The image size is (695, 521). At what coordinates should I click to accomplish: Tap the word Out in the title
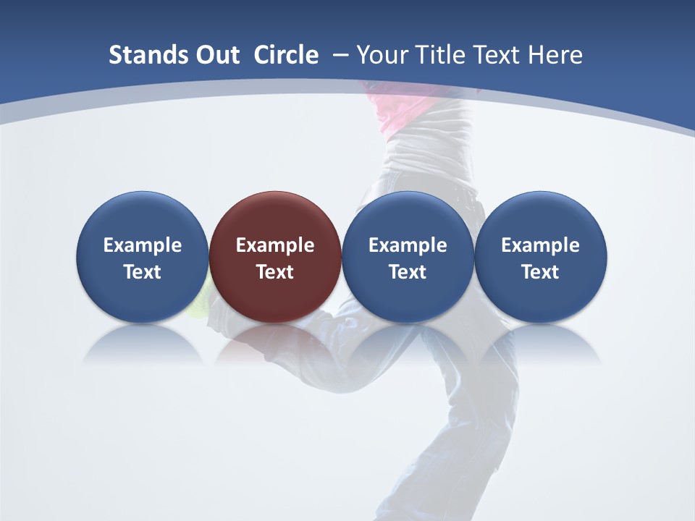pos(217,55)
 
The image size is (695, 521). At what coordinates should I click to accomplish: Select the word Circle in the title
pos(286,55)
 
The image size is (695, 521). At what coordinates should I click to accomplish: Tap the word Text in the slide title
pos(497,55)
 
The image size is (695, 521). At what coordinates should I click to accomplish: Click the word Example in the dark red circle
pos(275,246)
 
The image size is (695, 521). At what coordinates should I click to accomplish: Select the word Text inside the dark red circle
pos(275,272)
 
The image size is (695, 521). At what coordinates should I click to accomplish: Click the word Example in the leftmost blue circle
pos(143,246)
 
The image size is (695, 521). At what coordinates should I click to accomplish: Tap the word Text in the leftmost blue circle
pos(143,272)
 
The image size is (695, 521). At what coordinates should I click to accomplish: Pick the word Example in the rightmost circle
pos(541,246)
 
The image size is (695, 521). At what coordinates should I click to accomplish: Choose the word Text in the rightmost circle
pos(541,272)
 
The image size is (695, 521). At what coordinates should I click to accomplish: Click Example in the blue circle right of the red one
pos(408,246)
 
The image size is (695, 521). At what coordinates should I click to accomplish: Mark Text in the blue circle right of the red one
pos(408,272)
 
